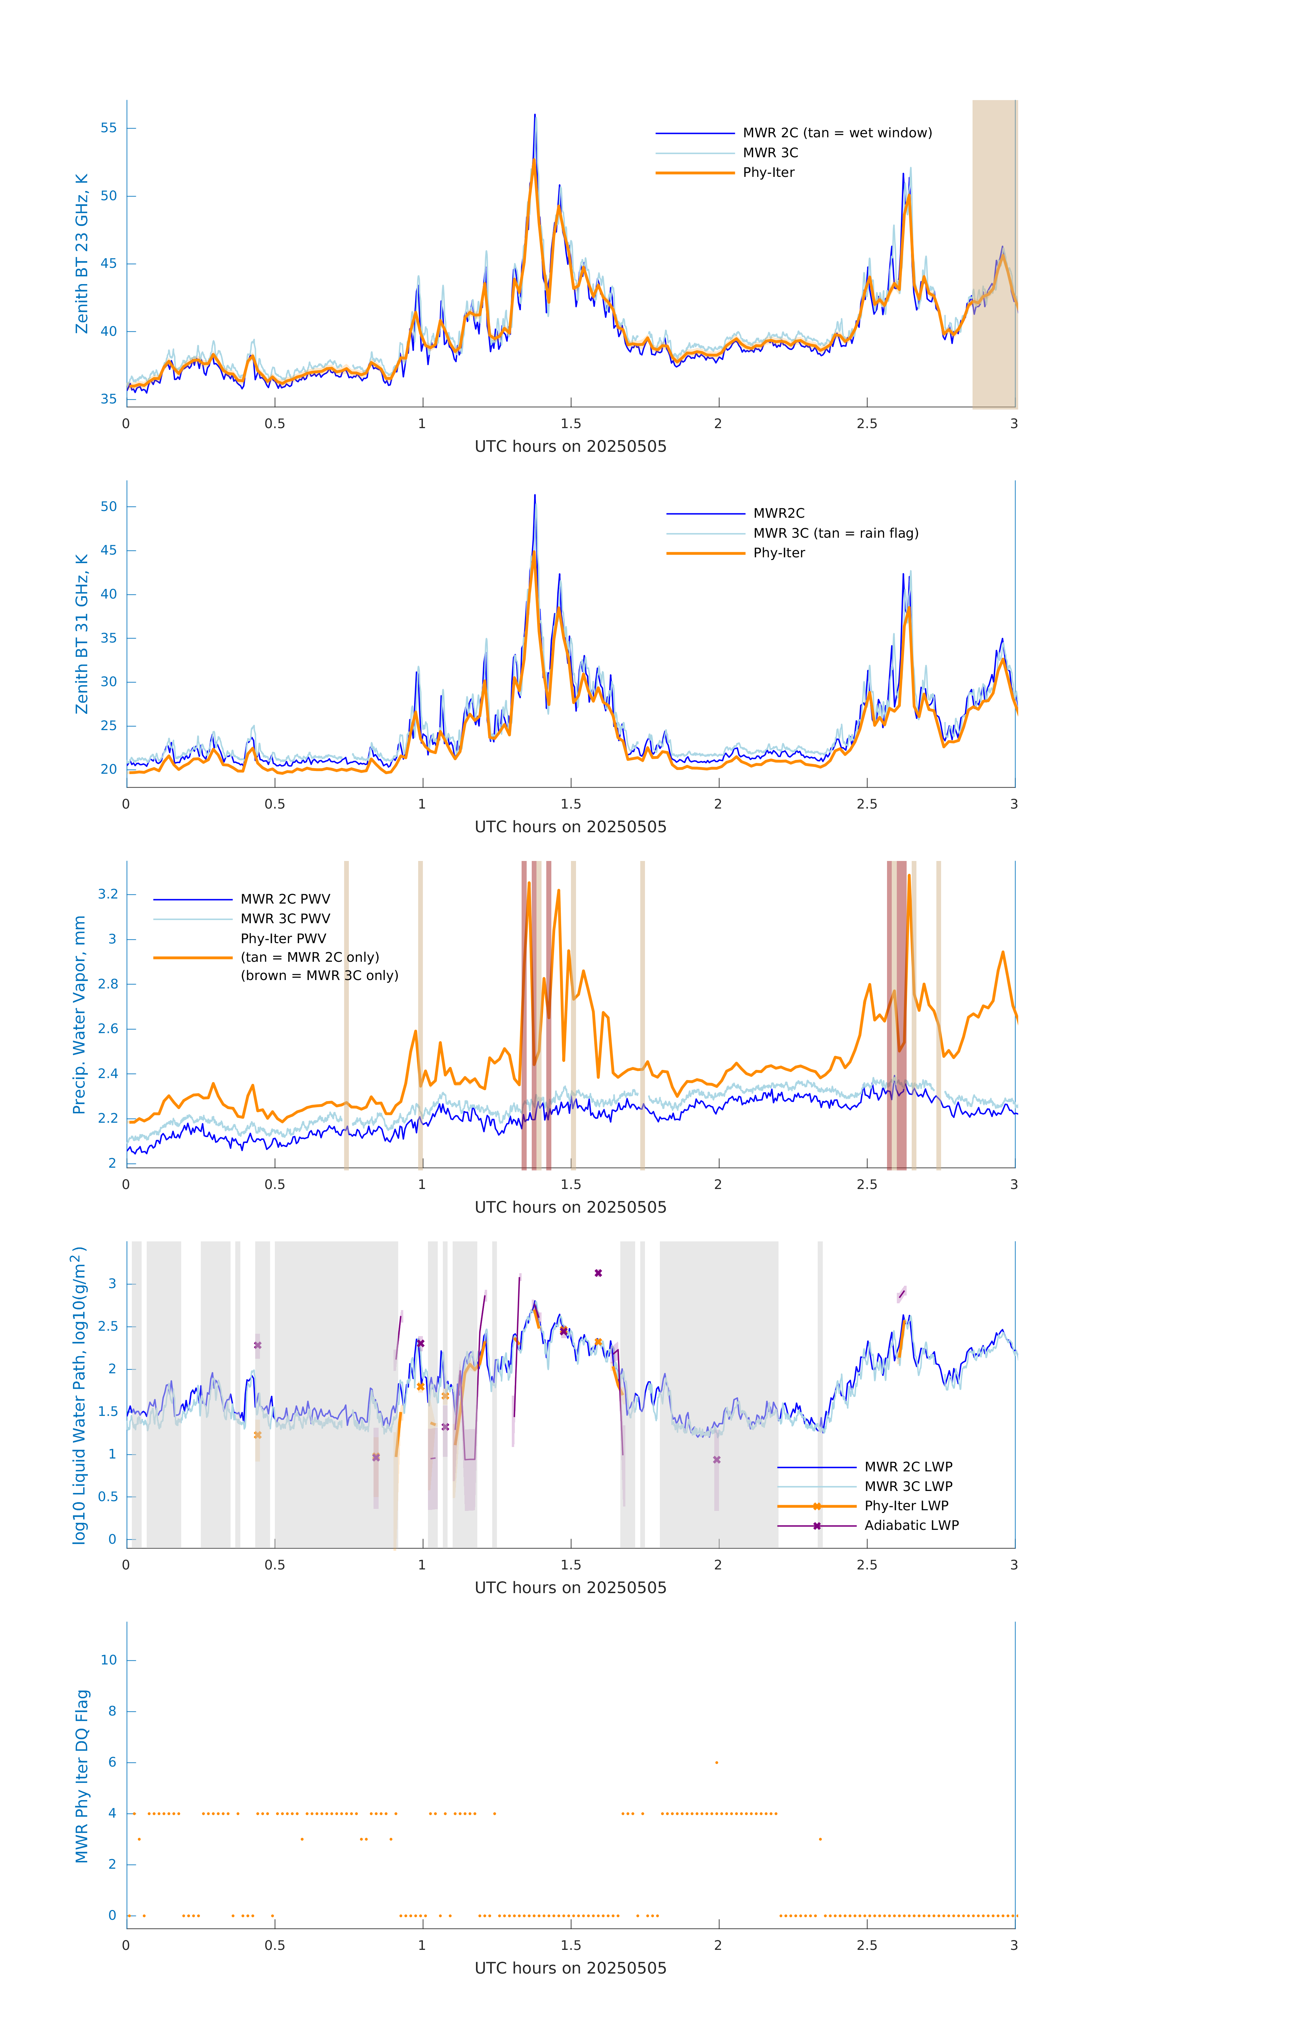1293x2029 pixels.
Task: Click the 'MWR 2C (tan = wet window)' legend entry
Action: (x=836, y=133)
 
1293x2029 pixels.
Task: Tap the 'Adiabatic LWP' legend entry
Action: (x=911, y=1525)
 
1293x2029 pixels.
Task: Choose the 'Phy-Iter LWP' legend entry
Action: (x=906, y=1506)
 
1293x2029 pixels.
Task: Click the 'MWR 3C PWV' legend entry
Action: (x=285, y=918)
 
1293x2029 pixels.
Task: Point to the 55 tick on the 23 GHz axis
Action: (x=109, y=128)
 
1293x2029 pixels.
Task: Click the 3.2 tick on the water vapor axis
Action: (x=108, y=894)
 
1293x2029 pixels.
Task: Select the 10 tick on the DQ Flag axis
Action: (x=109, y=1660)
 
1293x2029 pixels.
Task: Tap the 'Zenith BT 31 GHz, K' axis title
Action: (x=82, y=634)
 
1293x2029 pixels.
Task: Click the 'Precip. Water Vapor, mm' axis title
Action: (x=79, y=1014)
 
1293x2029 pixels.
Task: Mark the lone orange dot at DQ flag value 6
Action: (x=717, y=1762)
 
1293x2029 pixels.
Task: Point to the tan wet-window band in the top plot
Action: (x=994, y=253)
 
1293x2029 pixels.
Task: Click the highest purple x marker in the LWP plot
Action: (x=598, y=1273)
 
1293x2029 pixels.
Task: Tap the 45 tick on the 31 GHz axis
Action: (x=109, y=550)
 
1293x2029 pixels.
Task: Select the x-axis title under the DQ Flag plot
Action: (x=570, y=1968)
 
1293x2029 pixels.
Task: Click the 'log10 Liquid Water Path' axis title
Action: (x=79, y=1395)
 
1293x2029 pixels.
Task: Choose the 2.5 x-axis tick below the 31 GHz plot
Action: (x=867, y=804)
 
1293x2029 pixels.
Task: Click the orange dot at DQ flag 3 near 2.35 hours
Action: (x=820, y=1839)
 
